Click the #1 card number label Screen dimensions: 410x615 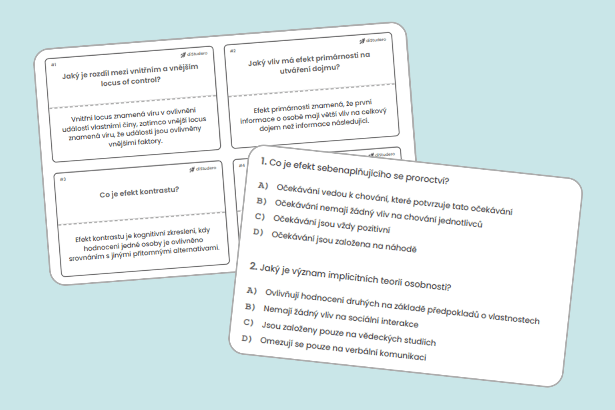[54, 64]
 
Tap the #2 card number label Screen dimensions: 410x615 [233, 51]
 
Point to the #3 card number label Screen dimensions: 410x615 [63, 179]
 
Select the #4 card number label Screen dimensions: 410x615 [242, 165]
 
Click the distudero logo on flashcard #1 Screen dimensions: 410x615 [194, 54]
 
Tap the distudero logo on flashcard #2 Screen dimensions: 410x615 [373, 40]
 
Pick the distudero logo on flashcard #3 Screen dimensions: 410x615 [203, 169]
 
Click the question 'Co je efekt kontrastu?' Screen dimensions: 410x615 [139, 192]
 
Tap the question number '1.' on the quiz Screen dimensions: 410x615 [263, 161]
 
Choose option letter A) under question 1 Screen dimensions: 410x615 [263, 186]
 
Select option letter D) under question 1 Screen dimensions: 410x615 [258, 232]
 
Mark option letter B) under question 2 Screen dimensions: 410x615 [250, 307]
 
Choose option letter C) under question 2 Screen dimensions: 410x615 [249, 322]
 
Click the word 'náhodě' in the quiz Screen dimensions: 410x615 [401, 247]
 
